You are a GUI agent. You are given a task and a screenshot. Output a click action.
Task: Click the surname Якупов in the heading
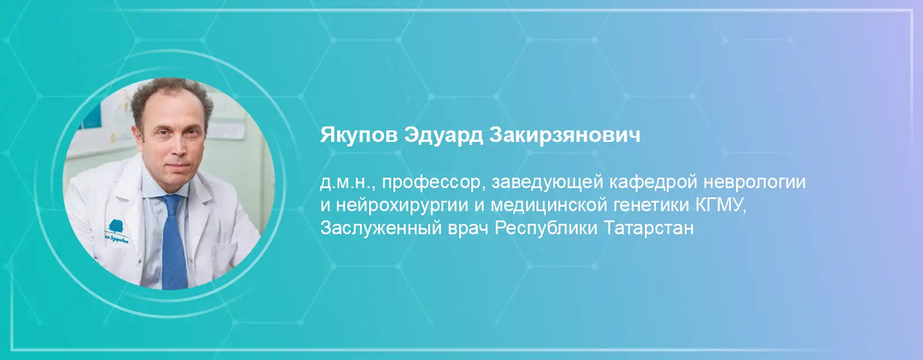tap(359, 136)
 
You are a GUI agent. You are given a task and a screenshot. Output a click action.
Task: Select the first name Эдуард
tap(444, 136)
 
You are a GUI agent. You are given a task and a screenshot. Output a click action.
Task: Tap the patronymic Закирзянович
tap(565, 135)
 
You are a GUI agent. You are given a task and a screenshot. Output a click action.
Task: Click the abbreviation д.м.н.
tap(347, 183)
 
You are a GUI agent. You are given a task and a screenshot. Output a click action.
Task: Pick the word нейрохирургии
tap(402, 206)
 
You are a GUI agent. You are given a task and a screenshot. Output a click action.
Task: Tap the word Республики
tap(546, 228)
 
